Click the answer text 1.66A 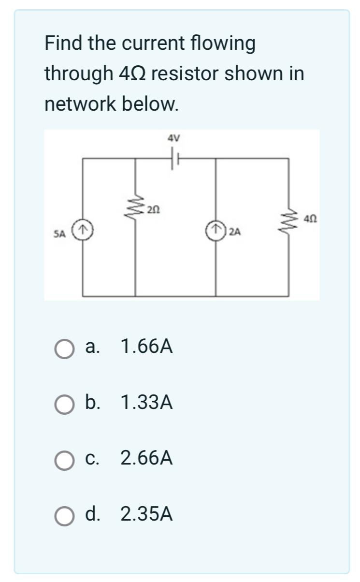146,347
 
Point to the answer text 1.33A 146,402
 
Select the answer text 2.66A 146,458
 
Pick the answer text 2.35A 146,514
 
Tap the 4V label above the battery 173,138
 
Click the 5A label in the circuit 59,234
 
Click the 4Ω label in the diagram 311,218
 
